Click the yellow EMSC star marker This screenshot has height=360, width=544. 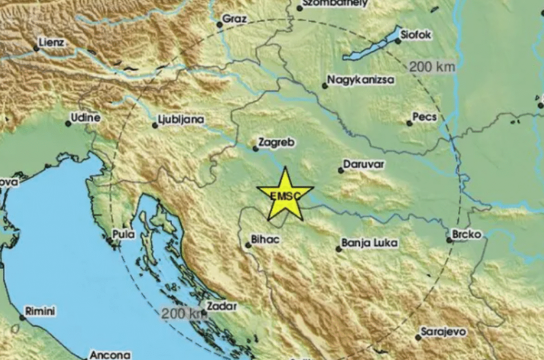coord(285,196)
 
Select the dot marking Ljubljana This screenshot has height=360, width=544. coord(155,125)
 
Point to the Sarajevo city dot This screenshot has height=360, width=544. coord(418,338)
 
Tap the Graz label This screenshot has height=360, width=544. coord(234,19)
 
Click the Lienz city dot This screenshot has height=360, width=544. coord(36,49)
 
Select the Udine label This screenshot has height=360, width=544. coord(85,118)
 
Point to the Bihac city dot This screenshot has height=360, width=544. coord(248,245)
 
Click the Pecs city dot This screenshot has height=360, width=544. coord(409,123)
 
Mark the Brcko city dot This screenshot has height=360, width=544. coord(449,239)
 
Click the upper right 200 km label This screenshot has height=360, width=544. coord(432,66)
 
